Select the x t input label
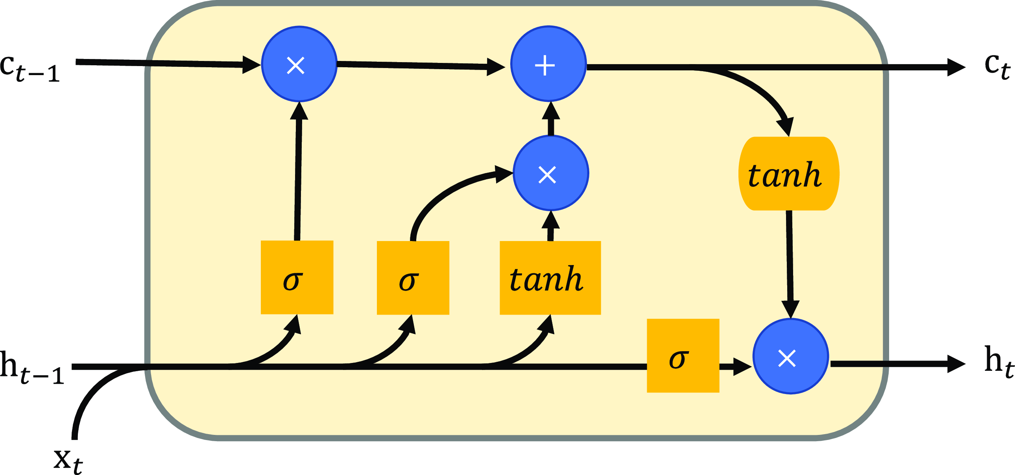coord(68,460)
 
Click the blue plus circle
coord(548,64)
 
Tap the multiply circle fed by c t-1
coord(299,64)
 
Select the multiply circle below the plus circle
coord(551,173)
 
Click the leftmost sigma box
coord(297,277)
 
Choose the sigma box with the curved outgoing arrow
coord(413,278)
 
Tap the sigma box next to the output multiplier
coord(683,355)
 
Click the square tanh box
coord(550,278)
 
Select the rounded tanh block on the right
coord(788,174)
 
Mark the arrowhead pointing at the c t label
coord(957,67)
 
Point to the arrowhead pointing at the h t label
coord(957,364)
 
